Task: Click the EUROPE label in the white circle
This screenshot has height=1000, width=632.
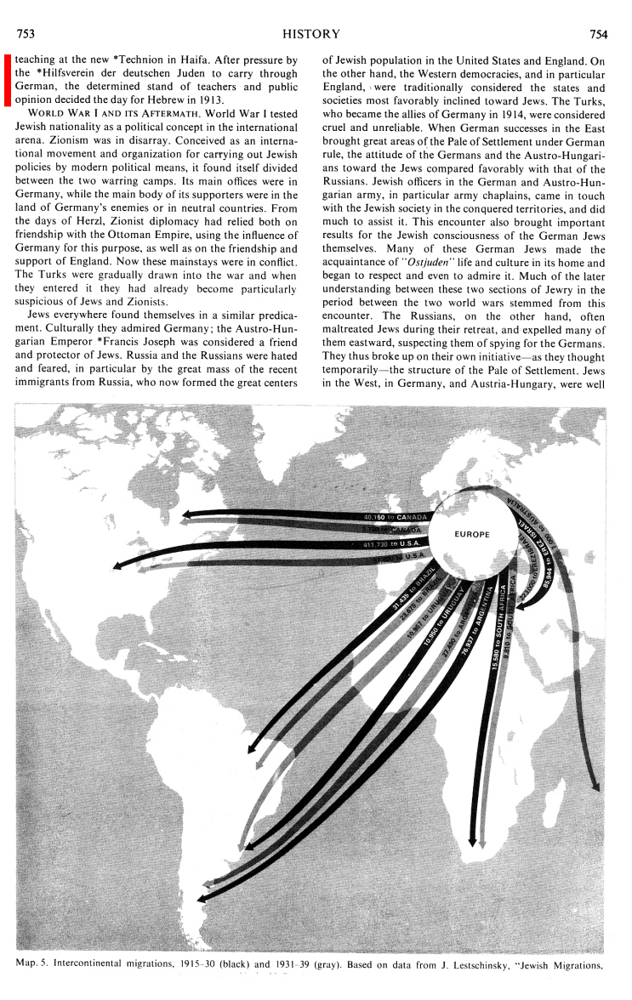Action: point(472,534)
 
